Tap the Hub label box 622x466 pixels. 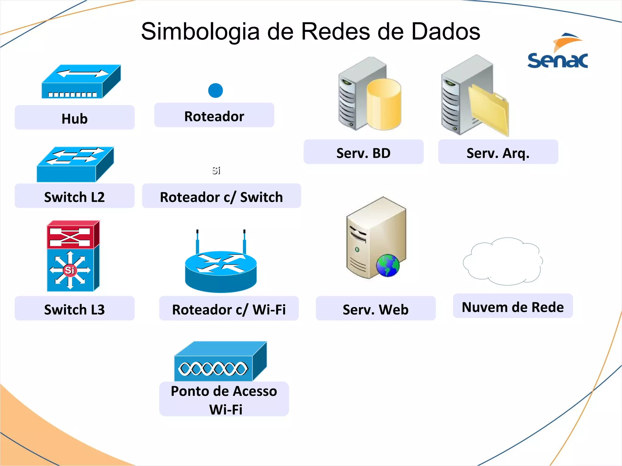tap(74, 118)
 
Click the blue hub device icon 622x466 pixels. tap(81, 82)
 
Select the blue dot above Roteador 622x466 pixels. tap(215, 90)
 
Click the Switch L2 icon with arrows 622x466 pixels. tap(75, 164)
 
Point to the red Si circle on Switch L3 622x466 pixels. tap(70, 270)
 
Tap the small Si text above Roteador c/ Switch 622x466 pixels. tap(216, 171)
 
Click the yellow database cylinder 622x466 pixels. tap(383, 104)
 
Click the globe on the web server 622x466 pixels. tap(388, 265)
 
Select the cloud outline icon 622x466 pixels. tap(503, 262)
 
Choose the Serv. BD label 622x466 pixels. tap(363, 153)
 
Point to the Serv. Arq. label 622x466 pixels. tap(498, 153)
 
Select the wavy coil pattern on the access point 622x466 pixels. tap(213, 369)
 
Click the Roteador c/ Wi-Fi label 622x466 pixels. tap(229, 309)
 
